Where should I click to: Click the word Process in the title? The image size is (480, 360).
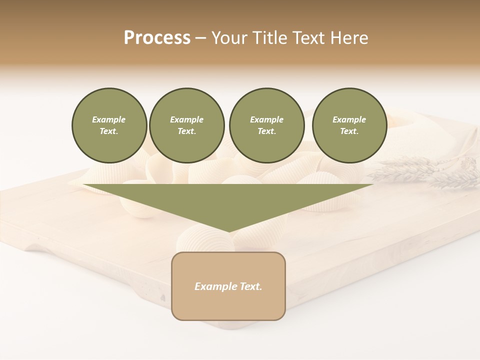157,38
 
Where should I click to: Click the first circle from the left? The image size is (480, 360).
109,125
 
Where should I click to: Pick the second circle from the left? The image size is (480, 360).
186,125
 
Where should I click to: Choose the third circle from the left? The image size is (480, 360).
266,125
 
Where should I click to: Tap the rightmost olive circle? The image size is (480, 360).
349,125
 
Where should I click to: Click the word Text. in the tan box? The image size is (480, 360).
250,286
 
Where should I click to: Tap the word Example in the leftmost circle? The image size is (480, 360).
109,120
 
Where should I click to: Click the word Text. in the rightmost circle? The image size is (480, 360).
349,131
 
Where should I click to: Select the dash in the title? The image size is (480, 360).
200,38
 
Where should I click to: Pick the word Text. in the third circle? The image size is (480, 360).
266,131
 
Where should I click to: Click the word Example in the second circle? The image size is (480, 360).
186,120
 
